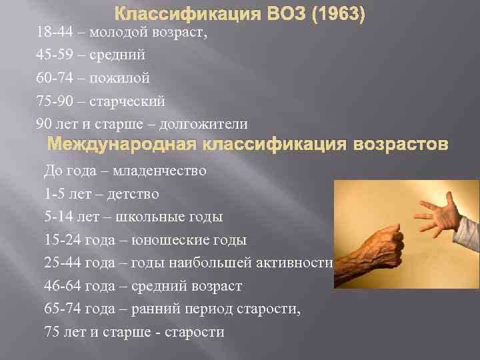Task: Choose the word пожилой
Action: click(x=118, y=78)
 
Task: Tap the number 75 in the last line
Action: click(x=51, y=332)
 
